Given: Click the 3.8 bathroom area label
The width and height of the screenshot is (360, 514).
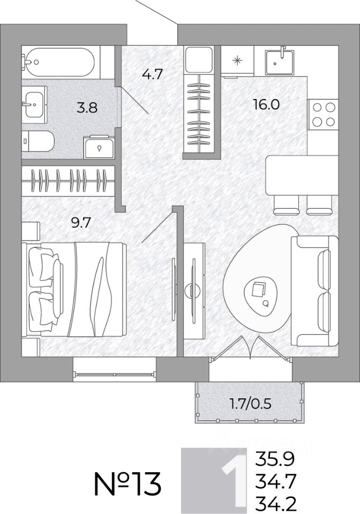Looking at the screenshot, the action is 87,107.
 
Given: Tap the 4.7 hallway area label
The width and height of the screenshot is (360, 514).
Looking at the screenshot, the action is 152,74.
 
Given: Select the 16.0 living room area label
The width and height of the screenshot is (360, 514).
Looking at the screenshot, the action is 266,104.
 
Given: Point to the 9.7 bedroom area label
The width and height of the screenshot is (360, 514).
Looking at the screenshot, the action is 80,223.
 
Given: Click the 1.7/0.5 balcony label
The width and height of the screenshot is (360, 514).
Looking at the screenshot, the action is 251,404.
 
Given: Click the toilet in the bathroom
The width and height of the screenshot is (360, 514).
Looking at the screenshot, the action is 37,141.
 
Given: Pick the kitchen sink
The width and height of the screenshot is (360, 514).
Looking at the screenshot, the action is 280,62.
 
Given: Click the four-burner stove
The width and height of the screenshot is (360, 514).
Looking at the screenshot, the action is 323,115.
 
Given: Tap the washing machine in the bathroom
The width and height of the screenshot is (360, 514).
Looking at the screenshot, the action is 99,147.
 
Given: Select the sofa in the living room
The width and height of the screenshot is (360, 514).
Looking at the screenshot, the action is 315,291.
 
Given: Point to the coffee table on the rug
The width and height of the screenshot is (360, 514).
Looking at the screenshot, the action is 261,293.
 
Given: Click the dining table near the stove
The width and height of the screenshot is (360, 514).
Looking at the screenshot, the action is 302,175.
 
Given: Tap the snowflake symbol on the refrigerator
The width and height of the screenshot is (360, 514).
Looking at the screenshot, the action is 237,61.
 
